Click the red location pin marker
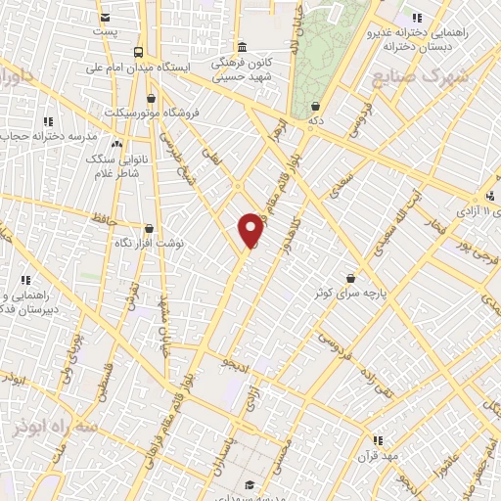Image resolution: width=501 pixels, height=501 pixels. click(x=251, y=229)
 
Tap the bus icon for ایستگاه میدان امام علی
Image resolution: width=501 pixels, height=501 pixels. click(x=139, y=51)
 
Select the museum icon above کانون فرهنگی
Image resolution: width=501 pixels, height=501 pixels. click(x=242, y=46)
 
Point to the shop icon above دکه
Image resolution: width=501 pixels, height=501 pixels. click(x=315, y=106)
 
